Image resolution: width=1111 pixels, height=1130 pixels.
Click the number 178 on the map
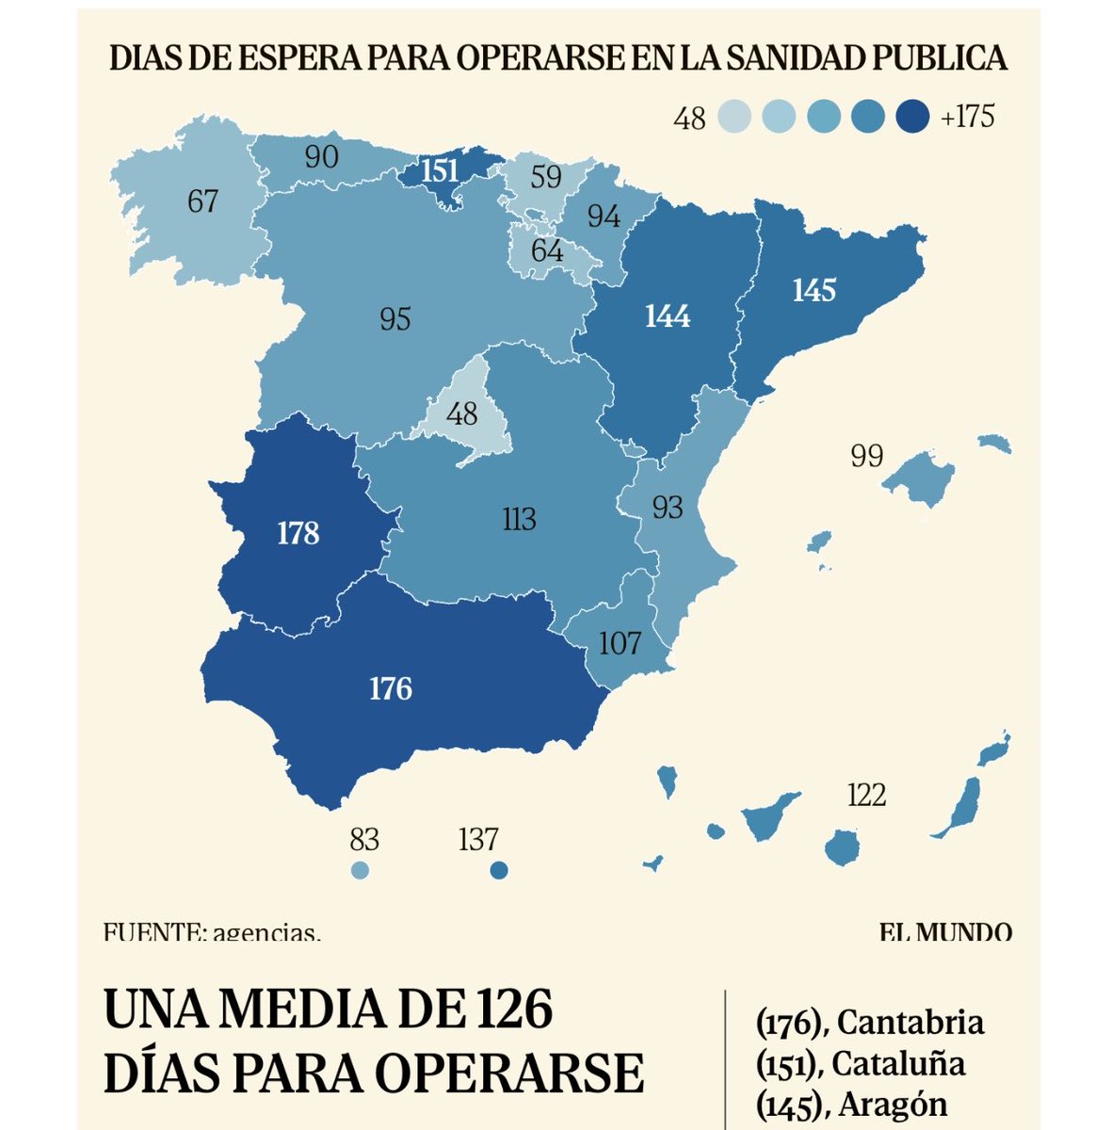tap(298, 534)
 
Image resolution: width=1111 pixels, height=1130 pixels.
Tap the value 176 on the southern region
tap(391, 689)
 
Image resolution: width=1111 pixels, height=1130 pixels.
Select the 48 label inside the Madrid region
tap(462, 413)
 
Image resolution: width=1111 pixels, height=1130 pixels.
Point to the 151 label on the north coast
tap(439, 171)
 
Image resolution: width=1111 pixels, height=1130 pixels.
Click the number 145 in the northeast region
tap(813, 289)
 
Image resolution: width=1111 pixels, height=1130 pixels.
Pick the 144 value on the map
tap(667, 316)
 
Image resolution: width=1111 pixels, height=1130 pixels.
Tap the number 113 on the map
tap(519, 519)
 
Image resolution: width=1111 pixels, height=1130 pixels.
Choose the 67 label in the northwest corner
tap(202, 202)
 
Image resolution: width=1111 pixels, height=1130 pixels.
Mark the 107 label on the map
tap(620, 643)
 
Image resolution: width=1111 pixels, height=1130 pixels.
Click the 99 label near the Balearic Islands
tap(866, 456)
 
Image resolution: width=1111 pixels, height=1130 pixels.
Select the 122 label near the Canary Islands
tap(866, 796)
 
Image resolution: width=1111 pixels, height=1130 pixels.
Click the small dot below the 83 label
tap(360, 870)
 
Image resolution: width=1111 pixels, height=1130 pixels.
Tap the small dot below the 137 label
tap(499, 870)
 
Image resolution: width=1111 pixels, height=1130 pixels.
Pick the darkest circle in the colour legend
tap(913, 117)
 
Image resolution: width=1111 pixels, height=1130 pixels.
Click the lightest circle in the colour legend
tap(733, 117)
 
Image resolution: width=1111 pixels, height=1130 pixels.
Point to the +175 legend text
tap(967, 117)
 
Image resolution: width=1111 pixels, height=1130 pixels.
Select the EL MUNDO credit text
tap(946, 933)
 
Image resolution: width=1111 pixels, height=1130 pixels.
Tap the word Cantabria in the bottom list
tap(910, 1022)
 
